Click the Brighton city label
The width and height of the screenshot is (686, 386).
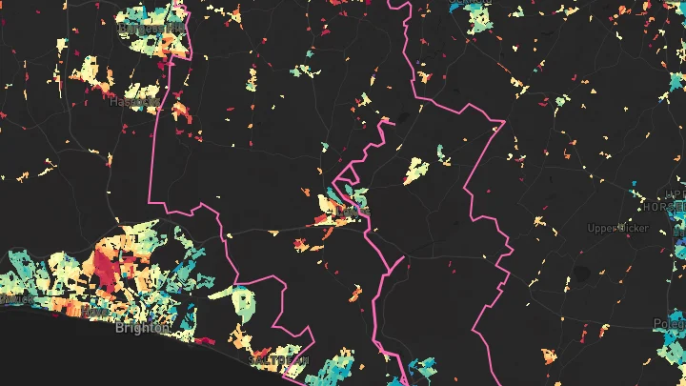tap(142, 328)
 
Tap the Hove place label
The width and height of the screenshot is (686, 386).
tap(96, 312)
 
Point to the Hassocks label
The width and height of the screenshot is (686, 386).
tap(133, 100)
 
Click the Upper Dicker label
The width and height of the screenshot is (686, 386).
tap(618, 229)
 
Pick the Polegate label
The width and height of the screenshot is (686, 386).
tap(668, 325)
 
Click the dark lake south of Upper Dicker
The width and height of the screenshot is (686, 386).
tap(580, 273)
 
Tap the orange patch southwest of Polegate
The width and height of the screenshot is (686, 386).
tap(549, 356)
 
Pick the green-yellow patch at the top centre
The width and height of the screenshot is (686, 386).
tap(303, 71)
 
